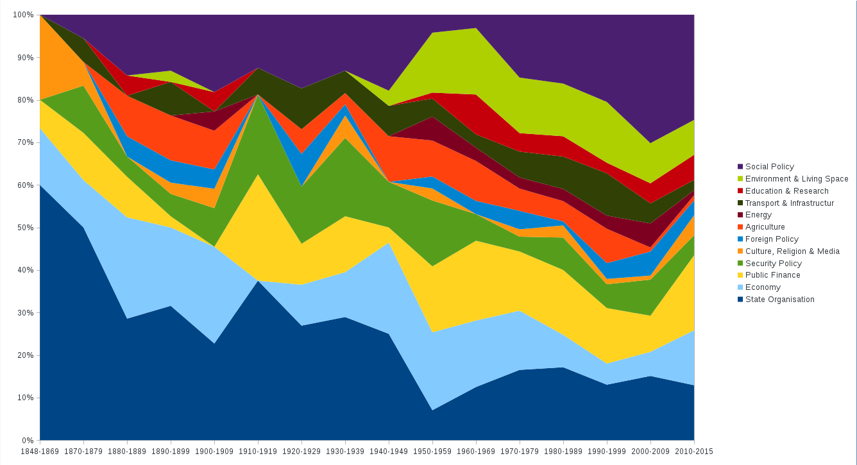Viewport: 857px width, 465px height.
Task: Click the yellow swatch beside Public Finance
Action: point(740,275)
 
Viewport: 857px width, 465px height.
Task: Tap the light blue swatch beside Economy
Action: point(740,287)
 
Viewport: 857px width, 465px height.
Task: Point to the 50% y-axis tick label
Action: point(25,228)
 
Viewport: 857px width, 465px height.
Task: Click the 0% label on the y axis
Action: point(28,441)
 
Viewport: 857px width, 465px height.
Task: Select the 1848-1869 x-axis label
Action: point(40,451)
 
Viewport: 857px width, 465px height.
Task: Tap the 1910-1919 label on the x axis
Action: point(258,451)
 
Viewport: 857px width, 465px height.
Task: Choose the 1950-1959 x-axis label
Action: point(432,451)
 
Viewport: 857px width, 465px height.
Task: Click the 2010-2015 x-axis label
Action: point(694,451)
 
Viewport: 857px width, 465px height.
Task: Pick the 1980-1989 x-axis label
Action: point(563,451)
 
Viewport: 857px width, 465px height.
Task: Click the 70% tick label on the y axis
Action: point(25,142)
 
